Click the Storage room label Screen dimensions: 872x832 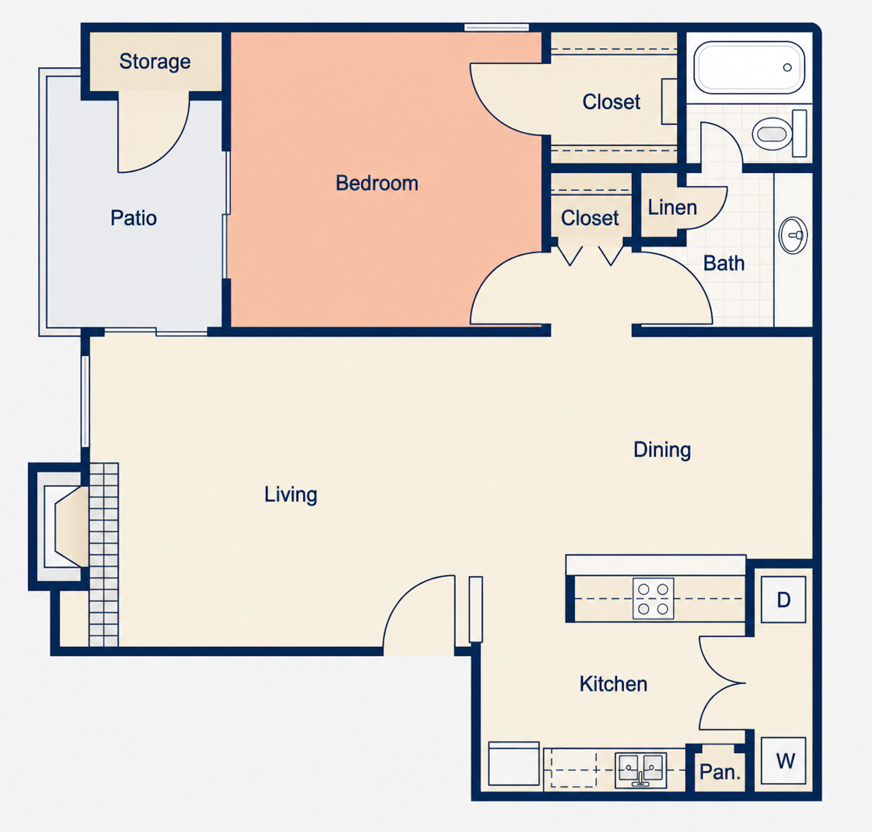pos(155,62)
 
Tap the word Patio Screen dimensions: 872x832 pos(134,218)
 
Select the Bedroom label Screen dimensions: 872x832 pos(377,183)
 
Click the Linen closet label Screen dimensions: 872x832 pos(672,208)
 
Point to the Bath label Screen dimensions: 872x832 pos(724,263)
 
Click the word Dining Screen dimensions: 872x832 pos(662,450)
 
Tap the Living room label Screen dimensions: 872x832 pos(290,495)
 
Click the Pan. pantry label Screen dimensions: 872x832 pos(720,772)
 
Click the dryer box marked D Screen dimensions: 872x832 pos(783,600)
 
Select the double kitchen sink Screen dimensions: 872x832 pos(640,770)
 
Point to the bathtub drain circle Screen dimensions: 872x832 pos(787,67)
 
